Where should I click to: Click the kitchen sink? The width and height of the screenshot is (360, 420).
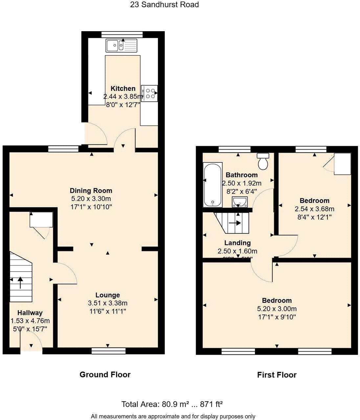click(121, 46)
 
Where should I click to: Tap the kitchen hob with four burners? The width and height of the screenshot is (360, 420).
click(149, 92)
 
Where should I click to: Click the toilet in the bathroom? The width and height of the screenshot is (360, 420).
click(263, 161)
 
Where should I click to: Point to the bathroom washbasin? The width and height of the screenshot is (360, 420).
click(240, 202)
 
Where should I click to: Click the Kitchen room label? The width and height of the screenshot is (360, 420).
click(123, 88)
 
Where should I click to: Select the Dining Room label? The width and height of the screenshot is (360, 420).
click(91, 190)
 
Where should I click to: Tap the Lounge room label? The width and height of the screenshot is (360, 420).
click(107, 295)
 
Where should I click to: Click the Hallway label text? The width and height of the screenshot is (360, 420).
click(30, 313)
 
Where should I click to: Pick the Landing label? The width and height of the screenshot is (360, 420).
click(237, 243)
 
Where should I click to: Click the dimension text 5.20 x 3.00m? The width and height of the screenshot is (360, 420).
click(277, 309)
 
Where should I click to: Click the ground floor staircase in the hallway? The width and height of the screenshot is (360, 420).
click(21, 277)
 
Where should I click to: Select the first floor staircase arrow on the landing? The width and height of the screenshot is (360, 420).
click(235, 223)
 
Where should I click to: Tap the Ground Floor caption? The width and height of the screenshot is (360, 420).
click(105, 374)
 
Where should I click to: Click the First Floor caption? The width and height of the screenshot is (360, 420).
click(277, 375)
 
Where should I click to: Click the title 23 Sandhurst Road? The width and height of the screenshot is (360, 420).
click(165, 5)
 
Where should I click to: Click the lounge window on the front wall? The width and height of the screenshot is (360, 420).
click(108, 351)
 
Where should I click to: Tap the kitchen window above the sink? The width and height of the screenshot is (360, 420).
click(122, 34)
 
